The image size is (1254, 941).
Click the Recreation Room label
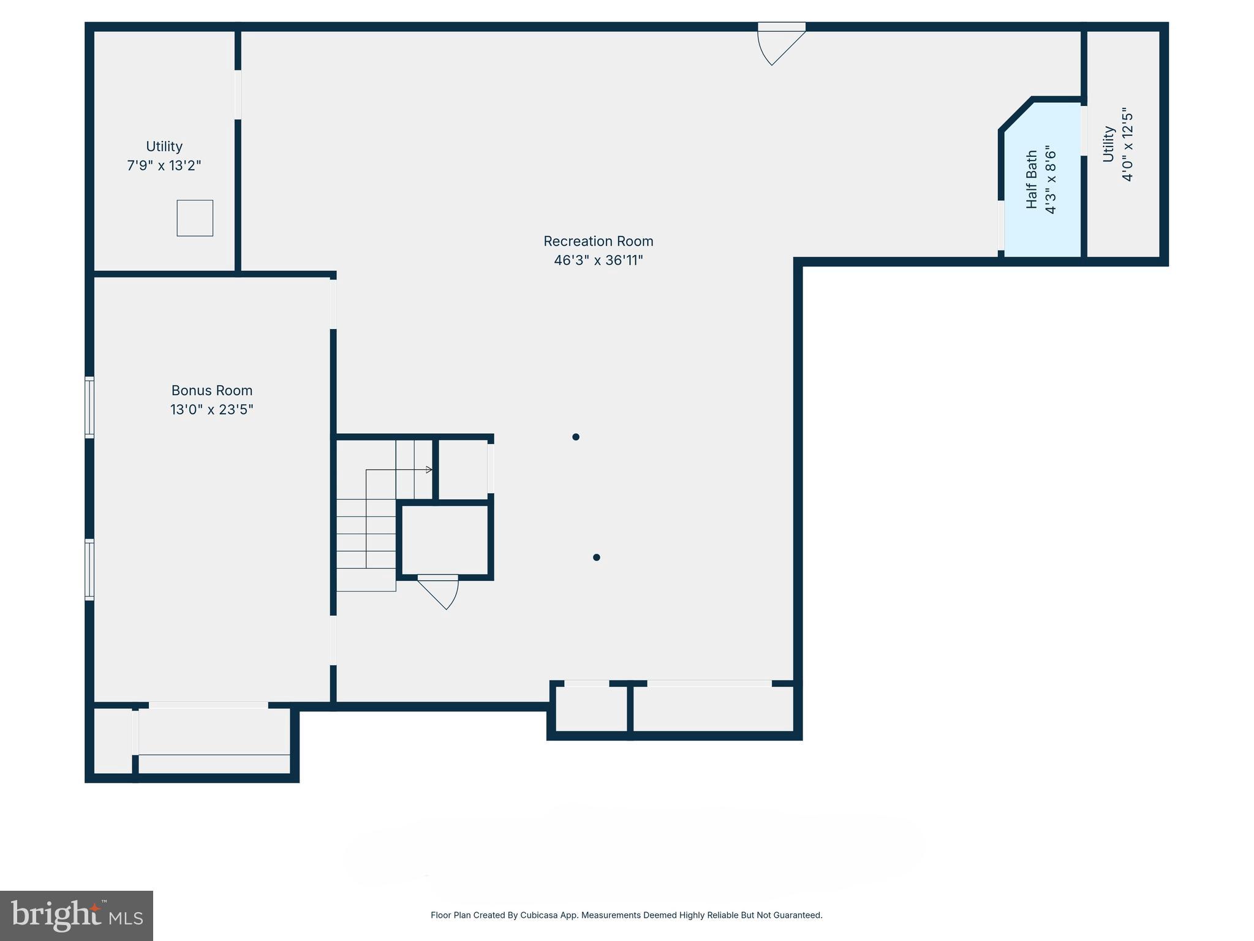[x=598, y=241]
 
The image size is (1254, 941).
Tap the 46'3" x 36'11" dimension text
[x=598, y=260]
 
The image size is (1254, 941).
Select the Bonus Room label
[x=211, y=390]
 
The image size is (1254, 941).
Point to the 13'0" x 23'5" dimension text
[x=211, y=409]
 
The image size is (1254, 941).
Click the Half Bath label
[x=1032, y=180]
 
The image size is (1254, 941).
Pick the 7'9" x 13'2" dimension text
[x=164, y=165]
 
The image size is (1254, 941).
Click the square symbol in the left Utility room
[x=195, y=218]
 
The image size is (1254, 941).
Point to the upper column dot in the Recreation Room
[x=576, y=437]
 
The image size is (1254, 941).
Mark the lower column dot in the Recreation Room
[x=596, y=557]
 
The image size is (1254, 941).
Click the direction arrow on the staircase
[x=429, y=470]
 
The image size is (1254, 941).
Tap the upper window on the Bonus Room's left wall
[x=89, y=407]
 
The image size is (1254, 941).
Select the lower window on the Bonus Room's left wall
[x=89, y=569]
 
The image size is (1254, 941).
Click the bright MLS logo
[x=76, y=915]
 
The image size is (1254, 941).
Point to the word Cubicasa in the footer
[x=538, y=915]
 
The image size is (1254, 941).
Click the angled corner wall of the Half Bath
[x=1016, y=114]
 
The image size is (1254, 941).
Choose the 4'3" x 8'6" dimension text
[x=1051, y=180]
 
